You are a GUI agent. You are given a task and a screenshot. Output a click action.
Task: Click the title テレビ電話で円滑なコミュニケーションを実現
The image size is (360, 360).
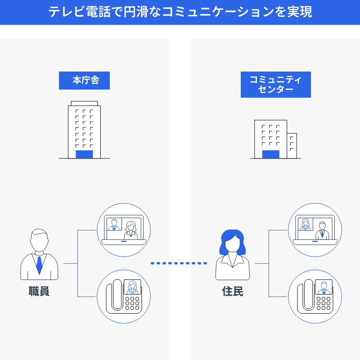[x=180, y=12]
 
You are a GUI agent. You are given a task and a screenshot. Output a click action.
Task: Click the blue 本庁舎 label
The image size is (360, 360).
[x=84, y=81]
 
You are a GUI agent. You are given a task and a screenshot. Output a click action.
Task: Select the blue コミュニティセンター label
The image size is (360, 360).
[x=275, y=85]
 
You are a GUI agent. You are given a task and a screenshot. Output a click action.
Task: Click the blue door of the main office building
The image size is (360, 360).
[x=84, y=154]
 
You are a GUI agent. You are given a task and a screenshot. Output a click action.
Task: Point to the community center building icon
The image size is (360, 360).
[x=275, y=139]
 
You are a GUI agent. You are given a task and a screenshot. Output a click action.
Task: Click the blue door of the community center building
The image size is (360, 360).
[x=270, y=154]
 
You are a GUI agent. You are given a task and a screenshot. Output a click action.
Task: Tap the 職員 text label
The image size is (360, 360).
[x=39, y=291]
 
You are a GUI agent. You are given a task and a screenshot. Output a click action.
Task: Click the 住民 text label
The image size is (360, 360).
[x=233, y=291]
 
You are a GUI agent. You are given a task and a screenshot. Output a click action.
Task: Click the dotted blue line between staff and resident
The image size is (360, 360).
[x=179, y=263]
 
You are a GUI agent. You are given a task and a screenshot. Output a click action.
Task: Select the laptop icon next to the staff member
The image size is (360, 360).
[x=124, y=230]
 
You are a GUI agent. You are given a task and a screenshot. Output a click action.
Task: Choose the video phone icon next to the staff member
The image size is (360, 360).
[x=124, y=297]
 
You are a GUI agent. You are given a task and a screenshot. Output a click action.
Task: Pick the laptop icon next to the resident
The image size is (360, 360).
[x=315, y=230]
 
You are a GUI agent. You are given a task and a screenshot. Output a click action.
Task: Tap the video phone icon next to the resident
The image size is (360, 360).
[x=315, y=297]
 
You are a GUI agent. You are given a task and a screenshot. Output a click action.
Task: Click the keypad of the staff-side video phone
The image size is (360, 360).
[x=132, y=303]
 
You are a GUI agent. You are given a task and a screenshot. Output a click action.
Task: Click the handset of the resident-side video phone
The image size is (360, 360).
[x=308, y=295]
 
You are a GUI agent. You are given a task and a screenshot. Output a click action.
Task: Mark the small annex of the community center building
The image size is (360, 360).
[x=292, y=146]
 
